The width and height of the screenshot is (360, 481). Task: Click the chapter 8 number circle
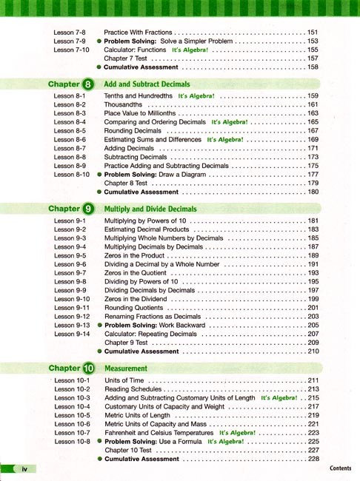click(x=89, y=84)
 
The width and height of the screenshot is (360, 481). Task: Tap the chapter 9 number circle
click(x=89, y=209)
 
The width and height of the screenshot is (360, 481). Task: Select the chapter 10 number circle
click(x=90, y=368)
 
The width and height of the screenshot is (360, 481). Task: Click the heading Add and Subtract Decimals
click(x=147, y=84)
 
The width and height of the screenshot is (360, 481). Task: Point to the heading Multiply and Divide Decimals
click(x=150, y=209)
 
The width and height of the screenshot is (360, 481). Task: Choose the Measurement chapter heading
click(x=126, y=368)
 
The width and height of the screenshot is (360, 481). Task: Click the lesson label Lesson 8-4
click(x=70, y=122)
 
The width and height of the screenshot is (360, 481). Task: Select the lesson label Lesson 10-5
click(x=71, y=415)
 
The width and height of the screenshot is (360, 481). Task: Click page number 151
click(x=313, y=33)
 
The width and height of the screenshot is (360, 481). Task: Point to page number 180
click(x=313, y=192)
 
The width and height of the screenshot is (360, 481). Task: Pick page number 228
click(x=313, y=459)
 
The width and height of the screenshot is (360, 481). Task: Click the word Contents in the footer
click(x=340, y=468)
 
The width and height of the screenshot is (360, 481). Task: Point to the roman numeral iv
click(x=24, y=469)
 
